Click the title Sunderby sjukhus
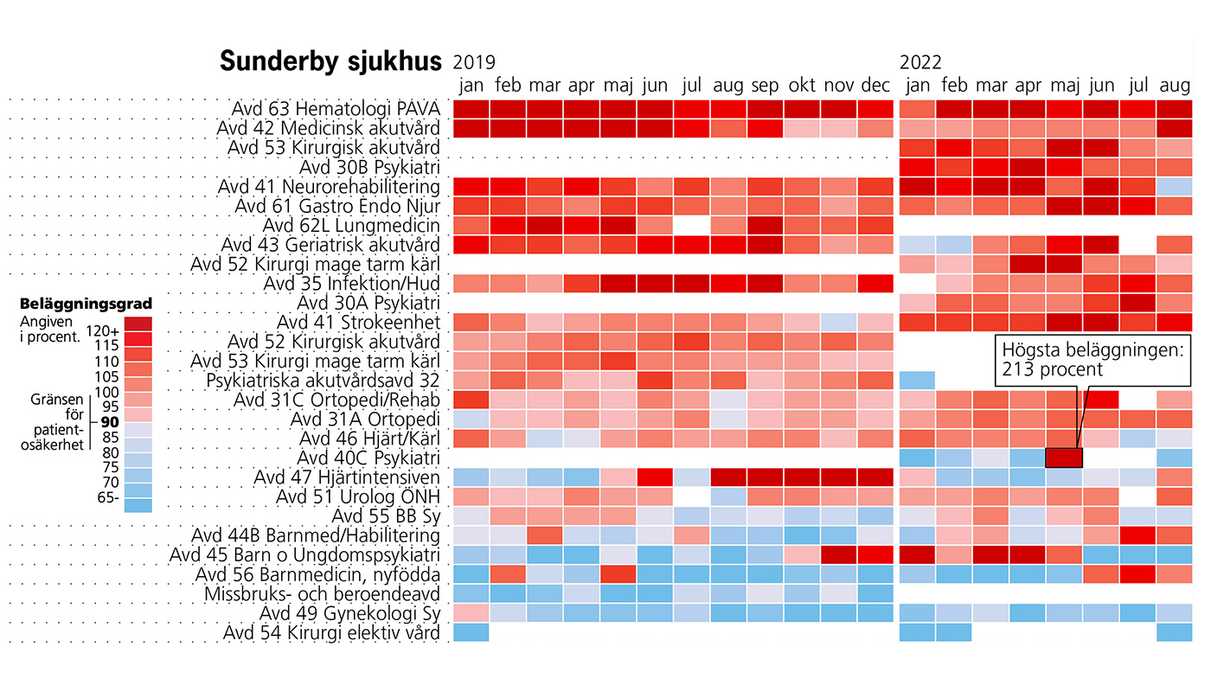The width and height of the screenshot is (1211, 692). click(x=330, y=62)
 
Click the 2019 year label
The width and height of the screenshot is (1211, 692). click(x=474, y=62)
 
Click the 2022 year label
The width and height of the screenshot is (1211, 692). click(x=920, y=62)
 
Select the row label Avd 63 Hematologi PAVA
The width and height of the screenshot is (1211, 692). click(x=336, y=110)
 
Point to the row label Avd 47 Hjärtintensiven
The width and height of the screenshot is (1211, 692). click(x=347, y=477)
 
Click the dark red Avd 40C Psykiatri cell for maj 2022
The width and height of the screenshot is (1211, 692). click(x=1064, y=458)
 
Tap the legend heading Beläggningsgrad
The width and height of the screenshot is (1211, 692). click(x=86, y=304)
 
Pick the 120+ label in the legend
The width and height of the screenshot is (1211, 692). click(x=103, y=331)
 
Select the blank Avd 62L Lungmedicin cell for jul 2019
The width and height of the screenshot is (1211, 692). click(x=692, y=226)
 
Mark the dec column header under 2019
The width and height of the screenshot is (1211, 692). click(x=875, y=86)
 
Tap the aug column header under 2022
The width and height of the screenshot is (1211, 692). click(x=1175, y=86)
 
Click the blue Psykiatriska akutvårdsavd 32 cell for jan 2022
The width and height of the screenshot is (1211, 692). click(x=918, y=380)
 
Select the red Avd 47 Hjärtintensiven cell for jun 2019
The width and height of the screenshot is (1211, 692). click(x=656, y=477)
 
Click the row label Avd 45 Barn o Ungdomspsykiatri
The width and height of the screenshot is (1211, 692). click(x=305, y=555)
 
